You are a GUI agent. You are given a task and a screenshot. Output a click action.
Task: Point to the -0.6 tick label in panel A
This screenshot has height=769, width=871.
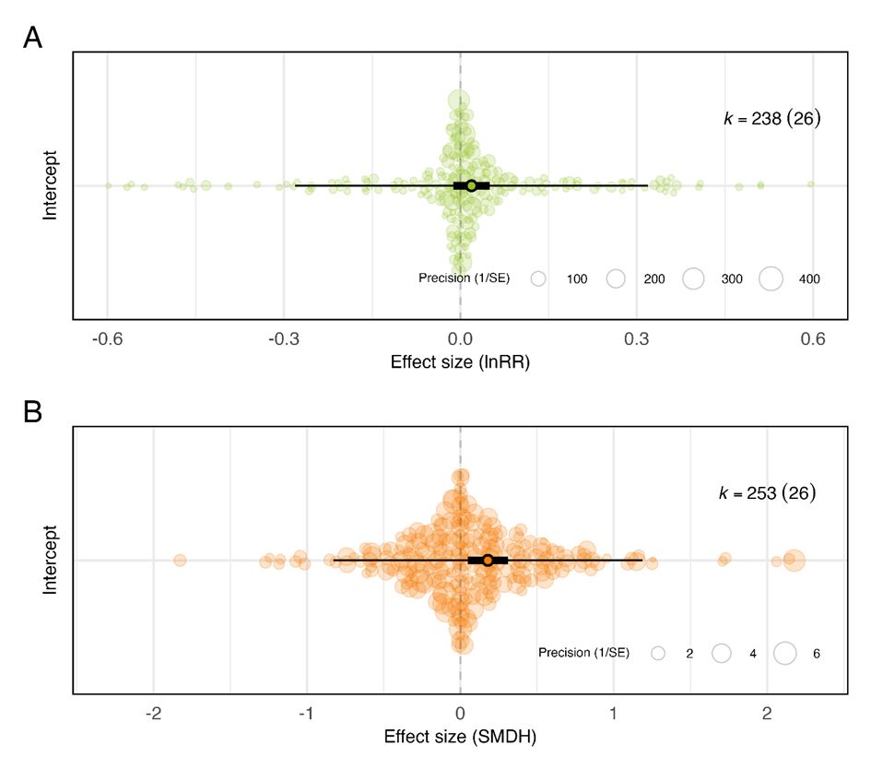[x=107, y=339]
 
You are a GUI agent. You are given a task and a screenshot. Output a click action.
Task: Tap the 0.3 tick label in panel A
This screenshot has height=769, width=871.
[x=636, y=339]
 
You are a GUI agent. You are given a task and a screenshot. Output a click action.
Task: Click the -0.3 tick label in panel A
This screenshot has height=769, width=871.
[x=283, y=339]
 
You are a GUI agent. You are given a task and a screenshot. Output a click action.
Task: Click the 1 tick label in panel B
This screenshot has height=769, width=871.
[x=614, y=713]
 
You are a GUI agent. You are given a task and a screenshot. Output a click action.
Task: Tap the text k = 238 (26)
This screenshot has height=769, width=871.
[x=771, y=119]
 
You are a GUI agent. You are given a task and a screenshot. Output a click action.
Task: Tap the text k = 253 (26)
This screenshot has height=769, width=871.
[x=768, y=493]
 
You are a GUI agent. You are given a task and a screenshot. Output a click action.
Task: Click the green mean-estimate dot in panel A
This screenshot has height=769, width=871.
[x=471, y=185]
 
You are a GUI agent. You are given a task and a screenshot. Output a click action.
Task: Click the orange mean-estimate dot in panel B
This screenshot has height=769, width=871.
[x=488, y=560]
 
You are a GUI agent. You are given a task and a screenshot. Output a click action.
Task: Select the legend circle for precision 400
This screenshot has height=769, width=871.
[x=770, y=278]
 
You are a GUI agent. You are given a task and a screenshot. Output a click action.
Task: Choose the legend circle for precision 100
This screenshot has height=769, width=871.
[x=539, y=278]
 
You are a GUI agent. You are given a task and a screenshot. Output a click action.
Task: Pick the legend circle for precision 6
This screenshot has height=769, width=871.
[x=784, y=653]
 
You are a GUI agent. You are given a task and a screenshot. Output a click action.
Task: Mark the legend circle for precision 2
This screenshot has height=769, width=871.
[x=658, y=653]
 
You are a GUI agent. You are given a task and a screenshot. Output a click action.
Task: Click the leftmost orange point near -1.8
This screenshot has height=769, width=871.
[x=180, y=560]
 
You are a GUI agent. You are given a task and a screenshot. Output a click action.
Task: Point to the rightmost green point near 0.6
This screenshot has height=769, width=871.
[x=811, y=184]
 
